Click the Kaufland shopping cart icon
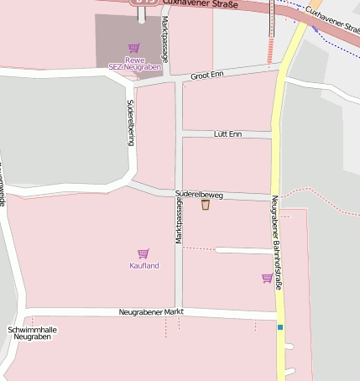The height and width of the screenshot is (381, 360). click(143, 253)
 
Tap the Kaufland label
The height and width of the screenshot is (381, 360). click(143, 266)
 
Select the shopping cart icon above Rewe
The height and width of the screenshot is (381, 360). click(133, 49)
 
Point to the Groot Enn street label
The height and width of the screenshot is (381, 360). click(206, 76)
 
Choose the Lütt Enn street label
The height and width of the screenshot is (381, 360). click(227, 134)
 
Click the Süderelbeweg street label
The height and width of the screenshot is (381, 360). click(199, 194)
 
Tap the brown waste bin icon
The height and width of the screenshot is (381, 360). click(206, 205)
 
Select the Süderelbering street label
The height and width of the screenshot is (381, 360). click(131, 123)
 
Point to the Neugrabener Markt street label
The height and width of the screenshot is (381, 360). click(151, 312)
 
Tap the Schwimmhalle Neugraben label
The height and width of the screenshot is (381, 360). click(32, 333)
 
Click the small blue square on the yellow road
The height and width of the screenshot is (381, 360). click(280, 327)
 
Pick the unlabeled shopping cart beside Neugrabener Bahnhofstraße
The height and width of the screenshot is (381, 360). click(267, 278)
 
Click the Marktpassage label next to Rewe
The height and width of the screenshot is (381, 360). click(165, 39)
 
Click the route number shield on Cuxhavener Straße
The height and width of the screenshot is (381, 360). click(144, 3)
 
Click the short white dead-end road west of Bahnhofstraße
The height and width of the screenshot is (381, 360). click(243, 250)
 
